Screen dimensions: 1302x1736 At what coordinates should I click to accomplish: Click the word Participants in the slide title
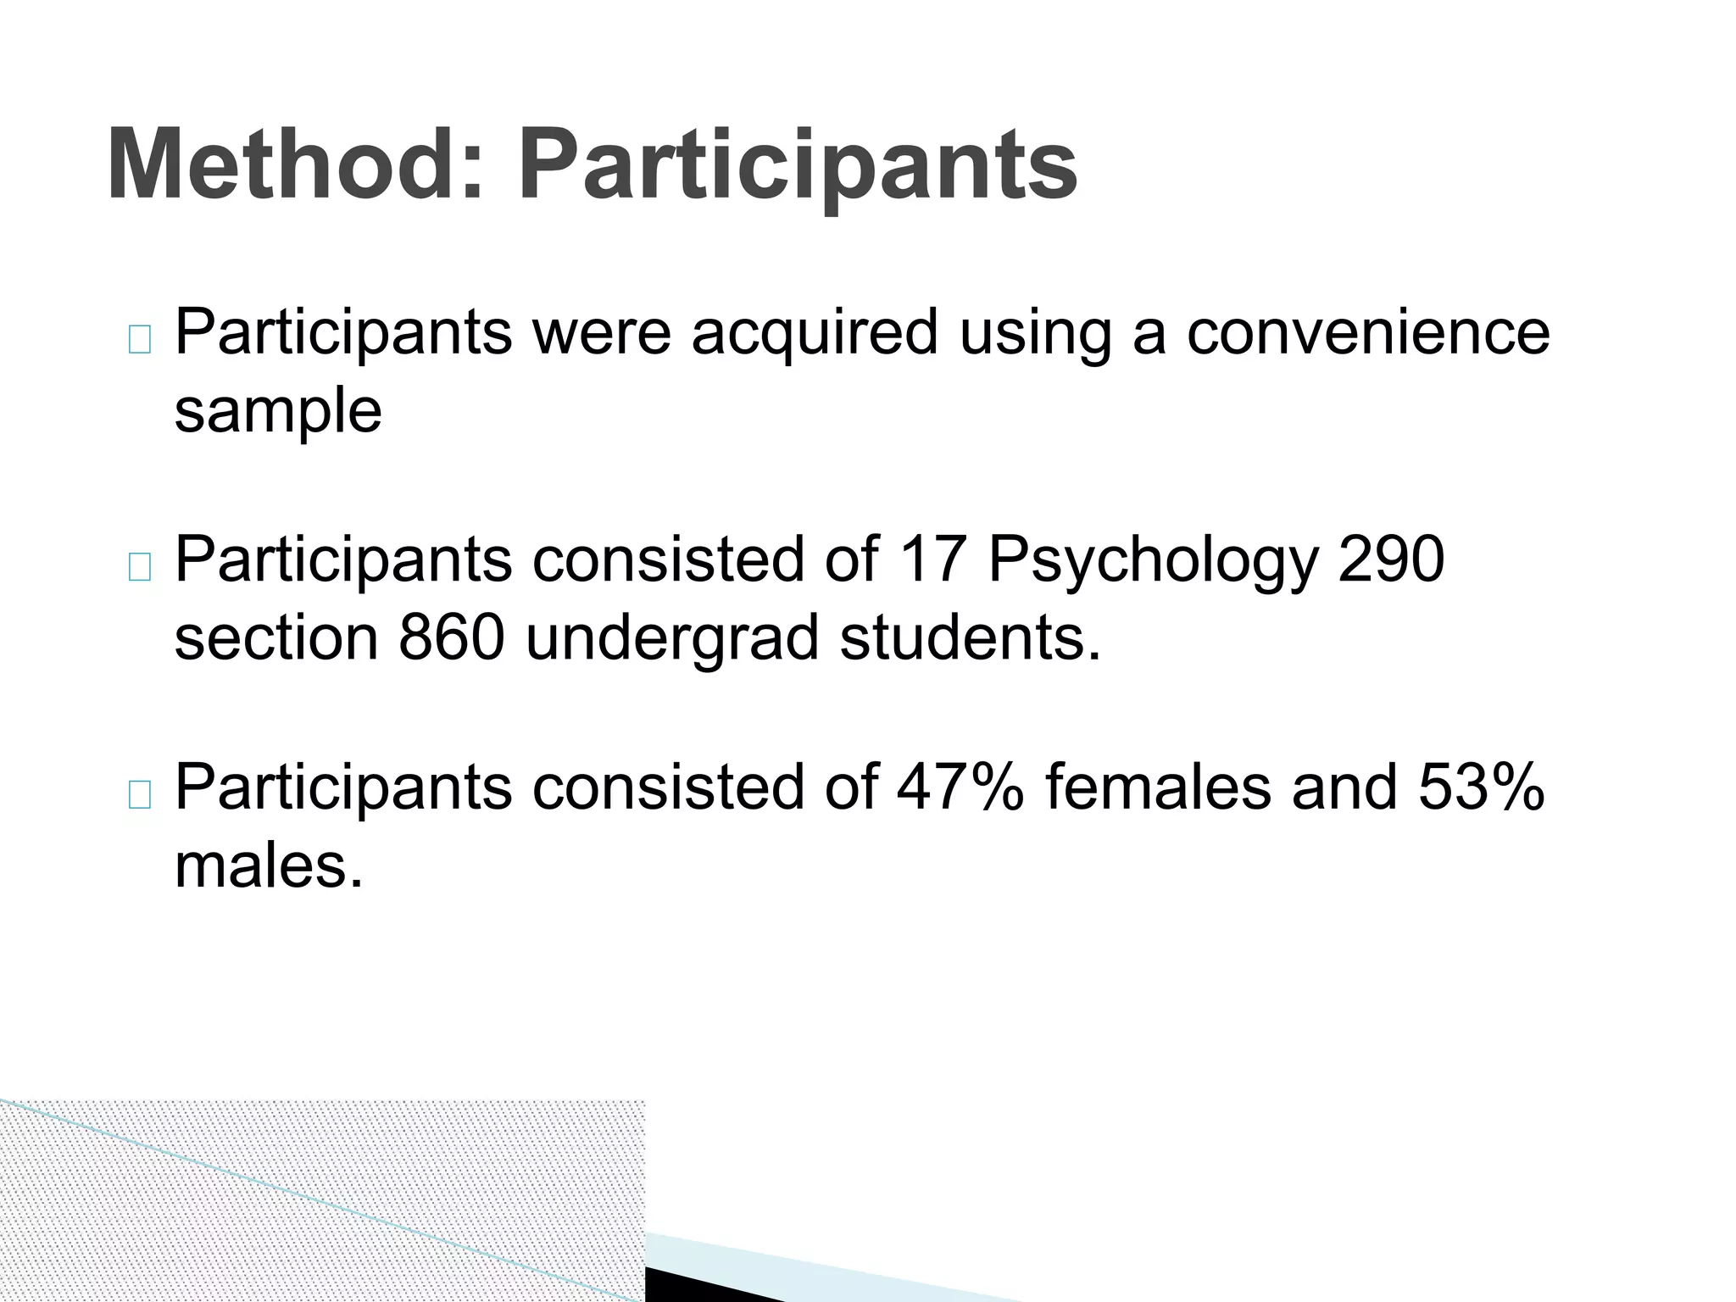798,165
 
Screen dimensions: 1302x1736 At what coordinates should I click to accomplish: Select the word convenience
1368,332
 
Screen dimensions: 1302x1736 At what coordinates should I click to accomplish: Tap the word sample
278,412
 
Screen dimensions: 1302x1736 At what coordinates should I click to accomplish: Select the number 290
1391,559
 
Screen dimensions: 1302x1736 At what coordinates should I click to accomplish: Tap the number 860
452,637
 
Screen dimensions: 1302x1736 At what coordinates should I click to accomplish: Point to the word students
970,637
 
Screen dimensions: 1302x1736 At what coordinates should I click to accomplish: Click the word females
1158,787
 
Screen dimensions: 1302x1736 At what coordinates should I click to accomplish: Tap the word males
269,866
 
